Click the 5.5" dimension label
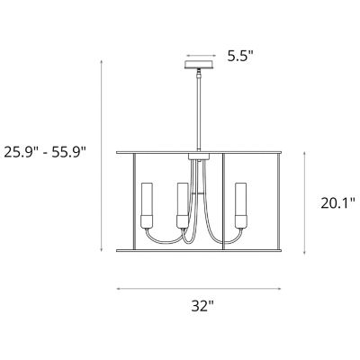[240, 56]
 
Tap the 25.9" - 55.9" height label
[45, 152]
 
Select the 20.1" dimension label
[338, 203]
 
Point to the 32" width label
[202, 306]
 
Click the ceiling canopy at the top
[199, 65]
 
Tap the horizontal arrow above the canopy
[201, 56]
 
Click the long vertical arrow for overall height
[102, 156]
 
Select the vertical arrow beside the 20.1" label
[305, 203]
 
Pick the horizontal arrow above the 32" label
[199, 289]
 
